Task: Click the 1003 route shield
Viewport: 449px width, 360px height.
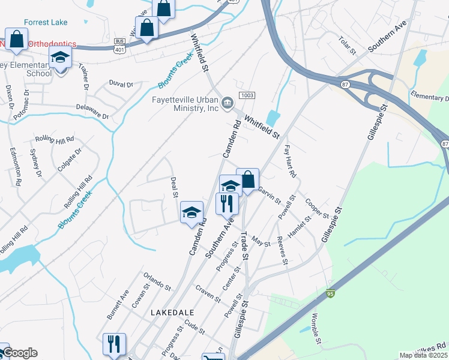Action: click(x=246, y=96)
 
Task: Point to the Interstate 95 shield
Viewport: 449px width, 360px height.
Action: click(x=330, y=294)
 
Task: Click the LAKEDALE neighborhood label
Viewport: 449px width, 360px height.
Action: click(x=172, y=313)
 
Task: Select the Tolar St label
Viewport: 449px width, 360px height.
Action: click(x=347, y=44)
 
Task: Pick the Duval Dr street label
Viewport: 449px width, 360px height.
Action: click(x=121, y=84)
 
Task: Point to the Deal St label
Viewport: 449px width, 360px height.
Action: click(x=174, y=186)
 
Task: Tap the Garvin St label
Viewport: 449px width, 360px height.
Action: click(x=270, y=194)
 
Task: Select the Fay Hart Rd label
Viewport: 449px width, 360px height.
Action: click(x=291, y=160)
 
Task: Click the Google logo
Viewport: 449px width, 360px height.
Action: click(x=20, y=353)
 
